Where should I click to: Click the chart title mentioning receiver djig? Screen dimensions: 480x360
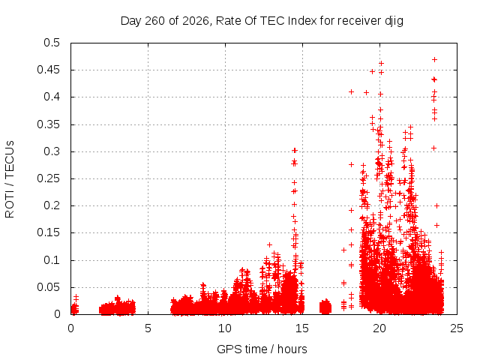click(x=262, y=21)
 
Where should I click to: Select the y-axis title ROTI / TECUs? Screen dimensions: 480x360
click(x=10, y=179)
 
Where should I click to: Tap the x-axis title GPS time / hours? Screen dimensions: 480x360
click(x=262, y=349)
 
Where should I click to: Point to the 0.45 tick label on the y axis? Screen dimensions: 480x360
click(x=48, y=70)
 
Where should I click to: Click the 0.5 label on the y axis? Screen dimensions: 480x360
click(x=52, y=43)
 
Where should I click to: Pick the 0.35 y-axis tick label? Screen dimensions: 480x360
click(x=48, y=124)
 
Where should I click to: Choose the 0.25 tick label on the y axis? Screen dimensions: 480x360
click(x=48, y=178)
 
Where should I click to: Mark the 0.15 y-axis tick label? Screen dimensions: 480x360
click(x=48, y=232)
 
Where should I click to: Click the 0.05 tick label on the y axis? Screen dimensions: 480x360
click(x=48, y=287)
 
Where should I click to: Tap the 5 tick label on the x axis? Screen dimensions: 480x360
click(x=148, y=328)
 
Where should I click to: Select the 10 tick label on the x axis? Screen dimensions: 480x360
click(x=225, y=328)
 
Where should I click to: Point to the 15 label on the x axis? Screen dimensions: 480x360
click(x=302, y=328)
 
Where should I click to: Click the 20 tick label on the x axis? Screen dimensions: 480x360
click(x=379, y=328)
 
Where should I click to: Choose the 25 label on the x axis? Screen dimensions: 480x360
click(x=457, y=328)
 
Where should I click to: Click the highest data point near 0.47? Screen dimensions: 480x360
click(x=434, y=60)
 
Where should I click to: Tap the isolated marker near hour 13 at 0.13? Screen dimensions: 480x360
click(x=269, y=245)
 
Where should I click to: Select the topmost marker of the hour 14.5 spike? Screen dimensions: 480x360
click(x=295, y=150)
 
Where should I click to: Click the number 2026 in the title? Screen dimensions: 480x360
click(x=195, y=21)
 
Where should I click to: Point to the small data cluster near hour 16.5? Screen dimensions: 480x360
click(x=325, y=307)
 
